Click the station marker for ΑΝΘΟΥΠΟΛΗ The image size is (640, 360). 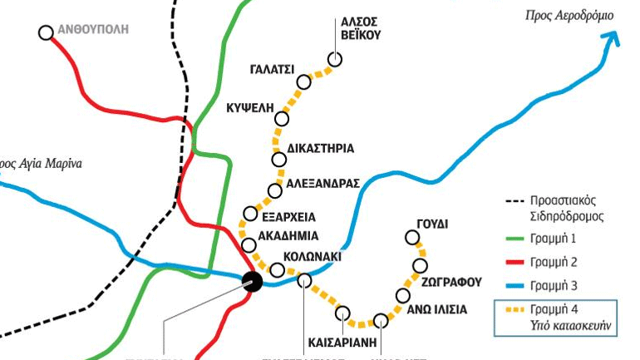46,32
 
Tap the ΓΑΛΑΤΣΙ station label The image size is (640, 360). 271,69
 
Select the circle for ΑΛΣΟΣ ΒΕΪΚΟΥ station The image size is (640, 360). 335,59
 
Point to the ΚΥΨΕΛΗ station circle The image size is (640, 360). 282,119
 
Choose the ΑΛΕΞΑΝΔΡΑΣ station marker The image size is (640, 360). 275,190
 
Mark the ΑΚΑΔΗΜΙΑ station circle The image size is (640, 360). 248,245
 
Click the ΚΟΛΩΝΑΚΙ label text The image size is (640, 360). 313,256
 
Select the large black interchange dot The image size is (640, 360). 253,281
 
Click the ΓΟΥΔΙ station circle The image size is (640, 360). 412,238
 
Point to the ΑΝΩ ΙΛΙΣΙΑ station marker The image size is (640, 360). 403,296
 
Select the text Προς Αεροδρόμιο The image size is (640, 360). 569,15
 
